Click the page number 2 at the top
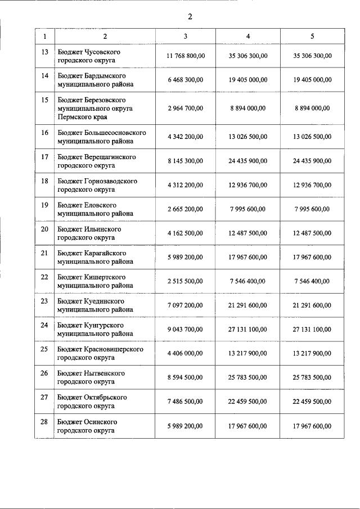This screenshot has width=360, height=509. coord(190,16)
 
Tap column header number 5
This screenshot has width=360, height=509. coord(312,37)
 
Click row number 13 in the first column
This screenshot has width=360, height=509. coord(45,52)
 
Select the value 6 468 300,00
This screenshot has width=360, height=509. coord(185,80)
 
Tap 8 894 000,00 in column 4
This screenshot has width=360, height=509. coord(248,108)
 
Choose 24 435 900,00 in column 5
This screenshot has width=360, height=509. coord(312,161)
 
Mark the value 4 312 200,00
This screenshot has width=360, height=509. coord(185,185)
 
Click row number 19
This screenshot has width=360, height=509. coord(45,205)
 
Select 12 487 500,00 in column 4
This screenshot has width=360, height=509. coord(248,233)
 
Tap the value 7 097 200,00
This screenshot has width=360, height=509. coord(185,305)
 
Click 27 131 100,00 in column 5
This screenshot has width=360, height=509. coord(312,330)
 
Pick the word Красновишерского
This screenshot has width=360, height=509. coord(114,349)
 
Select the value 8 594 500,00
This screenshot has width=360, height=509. coord(185,377)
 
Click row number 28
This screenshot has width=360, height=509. coord(45,421)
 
